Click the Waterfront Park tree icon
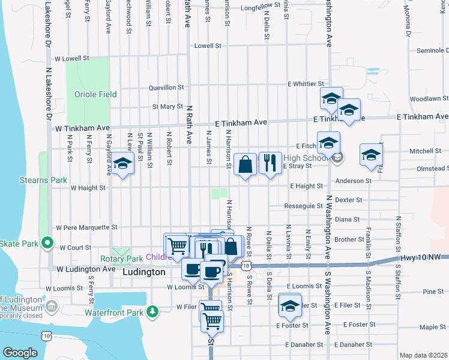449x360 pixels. pyautogui.click(x=153, y=311)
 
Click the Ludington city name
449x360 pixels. pyautogui.click(x=143, y=272)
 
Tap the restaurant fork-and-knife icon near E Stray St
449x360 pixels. pyautogui.click(x=270, y=163)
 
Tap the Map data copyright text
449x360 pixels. pyautogui.click(x=424, y=355)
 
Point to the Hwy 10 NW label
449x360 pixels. pyautogui.click(x=424, y=257)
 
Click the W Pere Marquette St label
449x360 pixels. pyautogui.click(x=86, y=227)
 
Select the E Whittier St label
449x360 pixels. pyautogui.click(x=306, y=84)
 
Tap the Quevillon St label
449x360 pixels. pyautogui.click(x=166, y=88)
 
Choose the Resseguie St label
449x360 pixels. pyautogui.click(x=303, y=206)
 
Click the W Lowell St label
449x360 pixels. pyautogui.click(x=71, y=59)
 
